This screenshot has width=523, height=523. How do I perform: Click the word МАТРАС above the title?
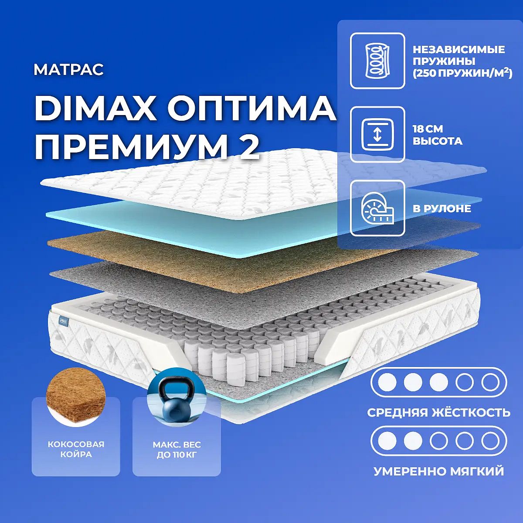[69, 70]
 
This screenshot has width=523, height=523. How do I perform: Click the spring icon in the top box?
[377, 61]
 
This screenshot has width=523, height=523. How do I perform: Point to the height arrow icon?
[377, 135]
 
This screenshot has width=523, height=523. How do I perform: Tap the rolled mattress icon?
[377, 208]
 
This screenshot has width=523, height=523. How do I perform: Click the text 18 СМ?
[428, 129]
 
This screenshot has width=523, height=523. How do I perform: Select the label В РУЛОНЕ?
[441, 208]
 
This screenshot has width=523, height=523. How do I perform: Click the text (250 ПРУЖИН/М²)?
[462, 73]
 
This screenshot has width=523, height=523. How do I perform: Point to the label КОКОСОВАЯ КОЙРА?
[76, 449]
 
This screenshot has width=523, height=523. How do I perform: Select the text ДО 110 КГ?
[177, 455]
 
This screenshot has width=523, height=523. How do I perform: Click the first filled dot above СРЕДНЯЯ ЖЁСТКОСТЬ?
[387, 382]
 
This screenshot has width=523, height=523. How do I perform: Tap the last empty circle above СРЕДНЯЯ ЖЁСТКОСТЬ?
[490, 382]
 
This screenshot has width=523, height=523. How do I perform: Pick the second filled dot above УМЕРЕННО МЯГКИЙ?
[413, 441]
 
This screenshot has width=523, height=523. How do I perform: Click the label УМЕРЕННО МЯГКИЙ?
[439, 471]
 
